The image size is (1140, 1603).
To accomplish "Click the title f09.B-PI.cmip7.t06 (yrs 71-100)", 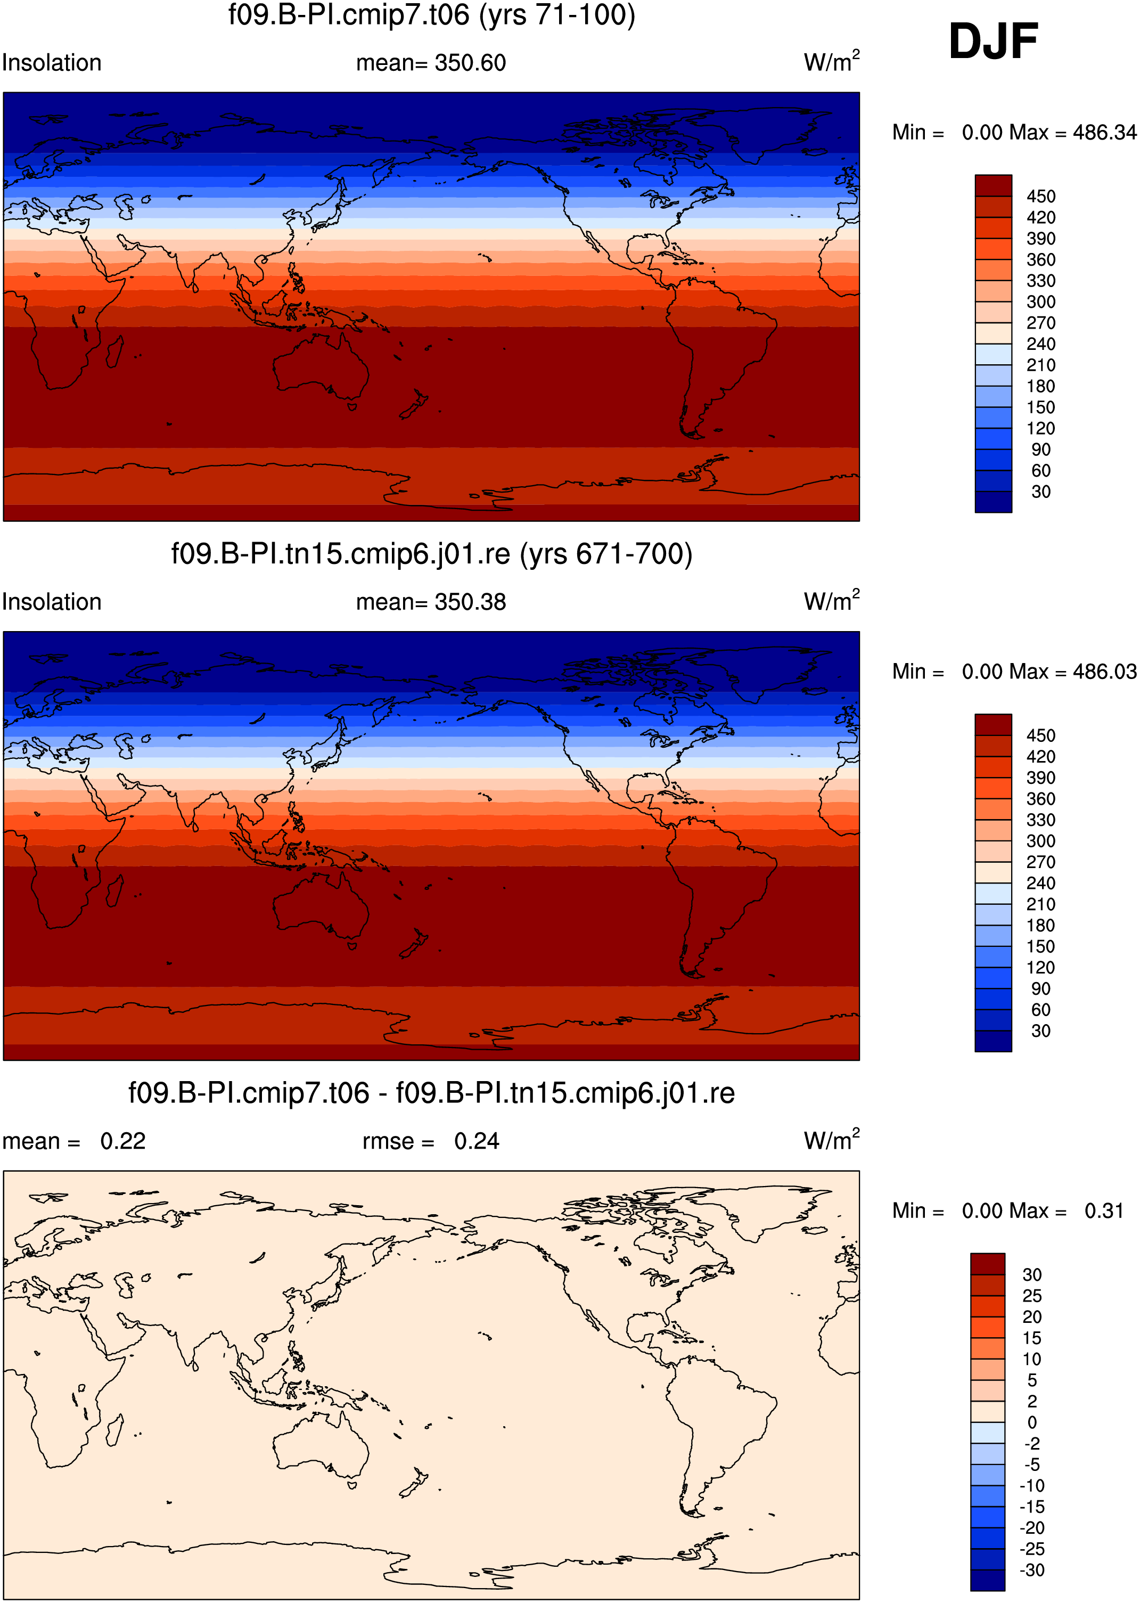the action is tap(432, 15).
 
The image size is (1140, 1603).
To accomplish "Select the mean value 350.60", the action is tap(470, 63).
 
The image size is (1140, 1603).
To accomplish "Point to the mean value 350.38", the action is tap(470, 602).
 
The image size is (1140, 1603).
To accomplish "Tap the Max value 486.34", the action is tap(1104, 133).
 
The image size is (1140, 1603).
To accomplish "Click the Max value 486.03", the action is tap(1104, 672).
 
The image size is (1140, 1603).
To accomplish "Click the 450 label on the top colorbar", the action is tap(1041, 197).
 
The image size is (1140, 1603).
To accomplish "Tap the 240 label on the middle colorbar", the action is tap(1041, 884).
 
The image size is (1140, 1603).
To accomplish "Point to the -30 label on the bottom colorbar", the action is tap(1032, 1571).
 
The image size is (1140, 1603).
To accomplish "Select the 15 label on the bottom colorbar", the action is tap(1032, 1338).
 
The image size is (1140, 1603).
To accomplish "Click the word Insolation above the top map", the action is tap(52, 63).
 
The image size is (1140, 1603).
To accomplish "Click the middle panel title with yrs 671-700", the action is tap(432, 555).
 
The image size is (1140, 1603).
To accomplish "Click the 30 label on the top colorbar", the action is tap(1041, 492).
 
